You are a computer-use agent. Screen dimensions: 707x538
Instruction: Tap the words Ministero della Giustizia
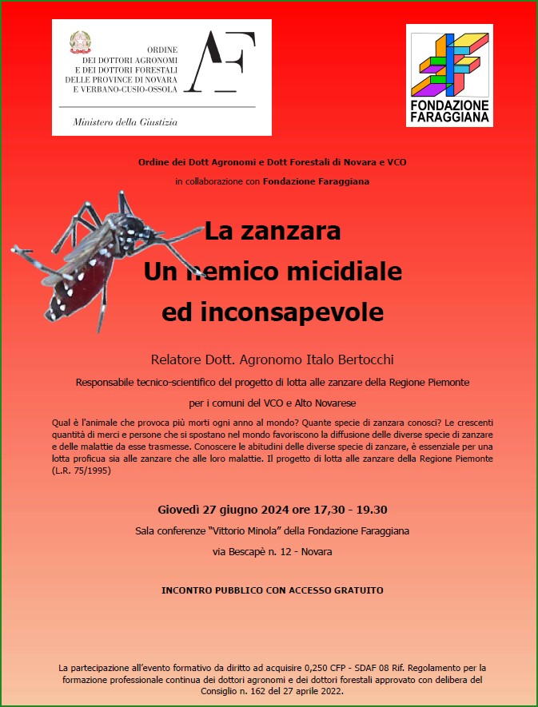point(125,122)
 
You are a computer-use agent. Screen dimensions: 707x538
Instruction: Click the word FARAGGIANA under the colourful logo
point(449,117)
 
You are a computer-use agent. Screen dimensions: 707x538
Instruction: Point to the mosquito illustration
point(88,260)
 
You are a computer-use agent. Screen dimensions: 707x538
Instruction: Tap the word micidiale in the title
point(345,272)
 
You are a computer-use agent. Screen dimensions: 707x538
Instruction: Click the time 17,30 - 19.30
point(347,510)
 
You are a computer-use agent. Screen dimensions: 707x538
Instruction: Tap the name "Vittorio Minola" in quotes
point(249,530)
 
